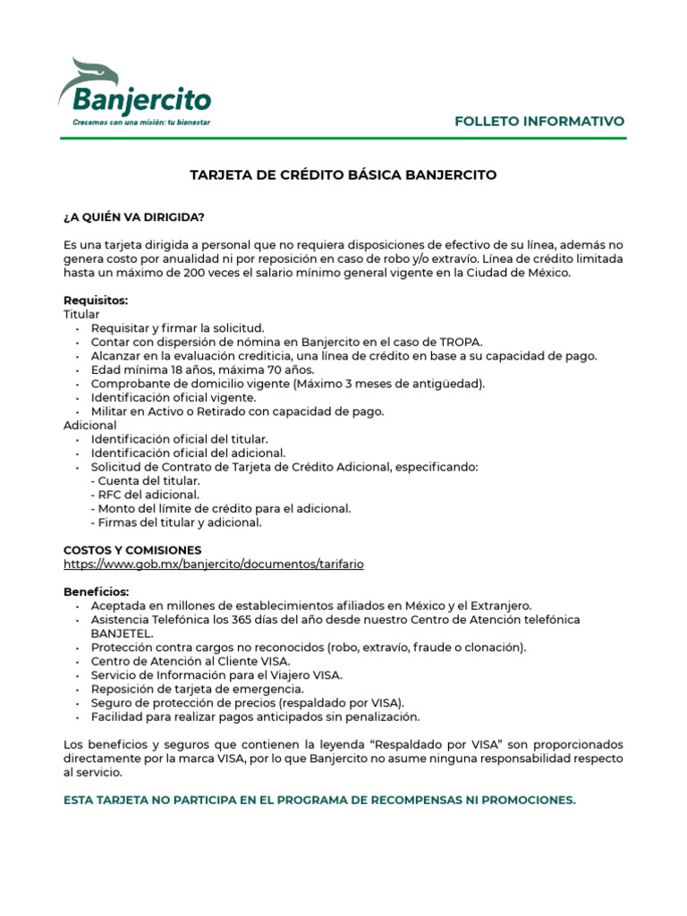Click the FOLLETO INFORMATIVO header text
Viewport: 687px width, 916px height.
539,121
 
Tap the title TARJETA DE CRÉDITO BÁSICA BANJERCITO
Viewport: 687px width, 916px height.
343,175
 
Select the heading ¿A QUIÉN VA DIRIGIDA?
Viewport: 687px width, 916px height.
133,217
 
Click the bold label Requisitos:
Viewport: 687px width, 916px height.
96,301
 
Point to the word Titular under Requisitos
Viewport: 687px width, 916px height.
81,315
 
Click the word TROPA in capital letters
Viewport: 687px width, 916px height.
460,342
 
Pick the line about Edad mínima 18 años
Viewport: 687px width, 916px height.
202,369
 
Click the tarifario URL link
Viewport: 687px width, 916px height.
214,564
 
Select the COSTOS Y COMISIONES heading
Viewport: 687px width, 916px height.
132,550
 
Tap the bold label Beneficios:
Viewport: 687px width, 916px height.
96,592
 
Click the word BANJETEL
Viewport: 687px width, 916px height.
122,633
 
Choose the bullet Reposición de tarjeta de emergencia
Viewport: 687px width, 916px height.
197,689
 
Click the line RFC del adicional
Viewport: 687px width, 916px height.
145,495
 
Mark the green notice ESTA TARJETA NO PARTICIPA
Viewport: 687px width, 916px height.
319,800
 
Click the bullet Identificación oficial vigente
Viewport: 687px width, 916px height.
174,397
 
